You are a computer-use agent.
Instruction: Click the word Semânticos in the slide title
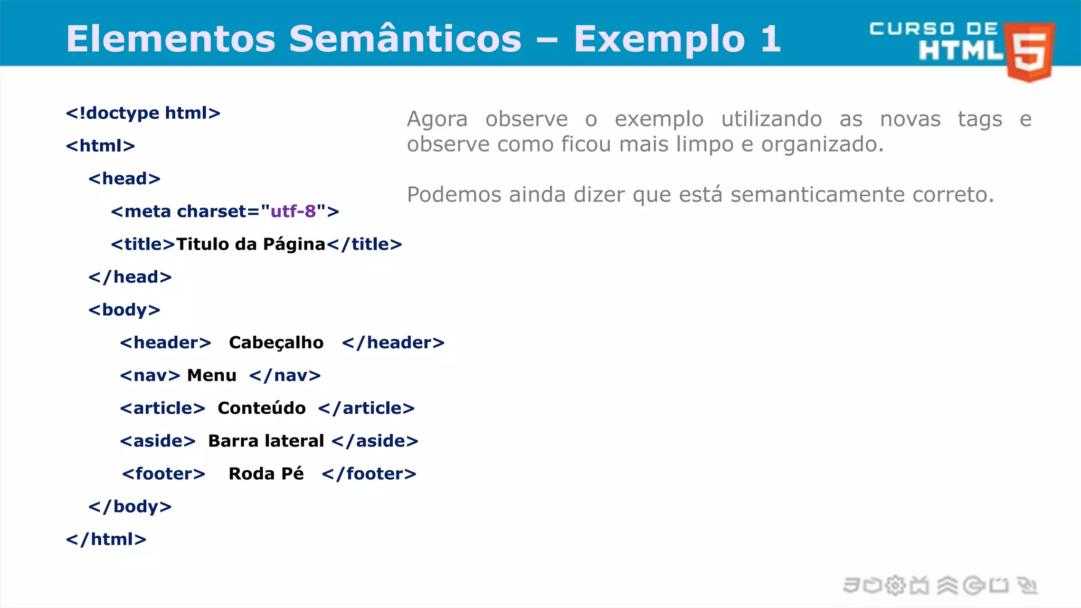405,39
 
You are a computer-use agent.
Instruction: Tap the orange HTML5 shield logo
1030,52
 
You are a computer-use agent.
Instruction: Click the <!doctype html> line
143,113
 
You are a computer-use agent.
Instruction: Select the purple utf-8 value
293,211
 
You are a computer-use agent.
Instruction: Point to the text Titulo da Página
251,244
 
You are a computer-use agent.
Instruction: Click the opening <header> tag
165,343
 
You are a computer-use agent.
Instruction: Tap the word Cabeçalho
276,343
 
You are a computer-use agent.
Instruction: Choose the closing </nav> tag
285,375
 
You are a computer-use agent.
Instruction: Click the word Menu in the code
212,375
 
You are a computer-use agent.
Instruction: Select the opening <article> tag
162,408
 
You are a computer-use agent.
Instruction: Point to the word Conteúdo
262,408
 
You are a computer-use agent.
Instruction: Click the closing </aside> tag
375,441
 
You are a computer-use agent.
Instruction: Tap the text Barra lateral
266,441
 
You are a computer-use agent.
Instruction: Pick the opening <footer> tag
164,473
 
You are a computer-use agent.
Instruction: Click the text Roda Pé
266,473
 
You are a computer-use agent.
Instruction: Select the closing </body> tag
130,506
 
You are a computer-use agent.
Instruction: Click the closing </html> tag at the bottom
106,539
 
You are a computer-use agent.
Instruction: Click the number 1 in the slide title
770,39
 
